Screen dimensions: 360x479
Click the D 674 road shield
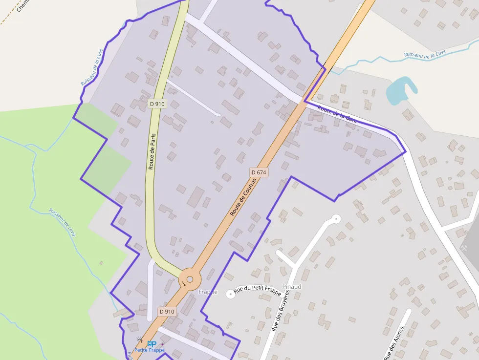tap(259, 172)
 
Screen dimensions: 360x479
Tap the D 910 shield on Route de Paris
tap(157, 104)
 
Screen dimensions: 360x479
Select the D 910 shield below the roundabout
tap(167, 311)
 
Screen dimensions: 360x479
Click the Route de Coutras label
tap(243, 197)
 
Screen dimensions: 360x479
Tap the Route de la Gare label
tap(337, 114)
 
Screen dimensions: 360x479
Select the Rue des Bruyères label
tap(281, 311)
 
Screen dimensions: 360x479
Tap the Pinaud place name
tap(292, 286)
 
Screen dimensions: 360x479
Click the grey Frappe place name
tap(208, 292)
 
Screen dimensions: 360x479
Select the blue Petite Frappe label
tap(150, 350)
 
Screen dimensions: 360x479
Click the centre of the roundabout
tap(190, 280)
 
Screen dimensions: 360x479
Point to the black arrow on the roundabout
tap(184, 284)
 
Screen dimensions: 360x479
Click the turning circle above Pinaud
tap(335, 218)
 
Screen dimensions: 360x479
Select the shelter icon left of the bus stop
tap(140, 340)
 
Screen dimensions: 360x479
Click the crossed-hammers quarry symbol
tap(465, 247)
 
